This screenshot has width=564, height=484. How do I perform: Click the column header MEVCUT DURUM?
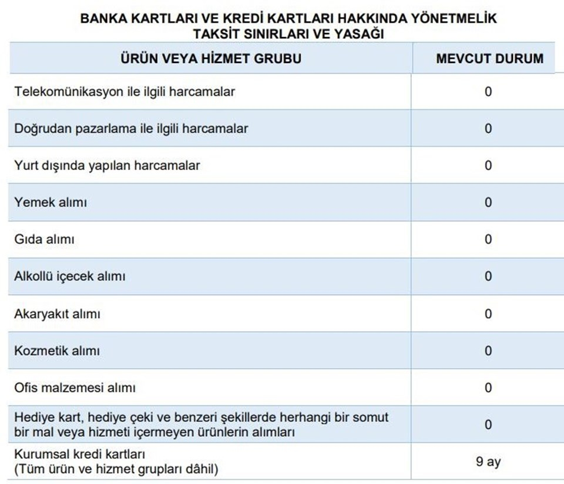[489, 59]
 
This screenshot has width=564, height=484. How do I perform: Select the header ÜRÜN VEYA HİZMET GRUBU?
[211, 59]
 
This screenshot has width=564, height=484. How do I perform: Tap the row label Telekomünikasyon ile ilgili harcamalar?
[125, 92]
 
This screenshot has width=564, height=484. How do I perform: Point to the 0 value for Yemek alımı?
[488, 202]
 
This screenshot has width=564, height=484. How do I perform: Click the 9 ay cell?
[488, 462]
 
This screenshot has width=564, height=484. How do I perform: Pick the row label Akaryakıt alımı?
[57, 314]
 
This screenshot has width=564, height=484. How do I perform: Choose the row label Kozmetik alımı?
[57, 351]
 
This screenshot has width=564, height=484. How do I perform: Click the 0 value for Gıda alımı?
[488, 239]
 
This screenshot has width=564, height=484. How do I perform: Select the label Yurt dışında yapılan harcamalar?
[107, 166]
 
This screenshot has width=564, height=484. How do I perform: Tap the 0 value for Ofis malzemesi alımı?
[488, 388]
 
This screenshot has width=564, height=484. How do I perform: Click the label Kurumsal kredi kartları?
[79, 455]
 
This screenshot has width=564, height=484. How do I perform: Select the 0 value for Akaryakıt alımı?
[488, 314]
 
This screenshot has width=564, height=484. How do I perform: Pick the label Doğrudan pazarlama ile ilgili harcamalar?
[131, 129]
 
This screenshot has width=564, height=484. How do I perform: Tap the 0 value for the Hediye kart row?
[488, 425]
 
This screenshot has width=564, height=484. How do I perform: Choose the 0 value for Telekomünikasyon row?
[488, 92]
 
